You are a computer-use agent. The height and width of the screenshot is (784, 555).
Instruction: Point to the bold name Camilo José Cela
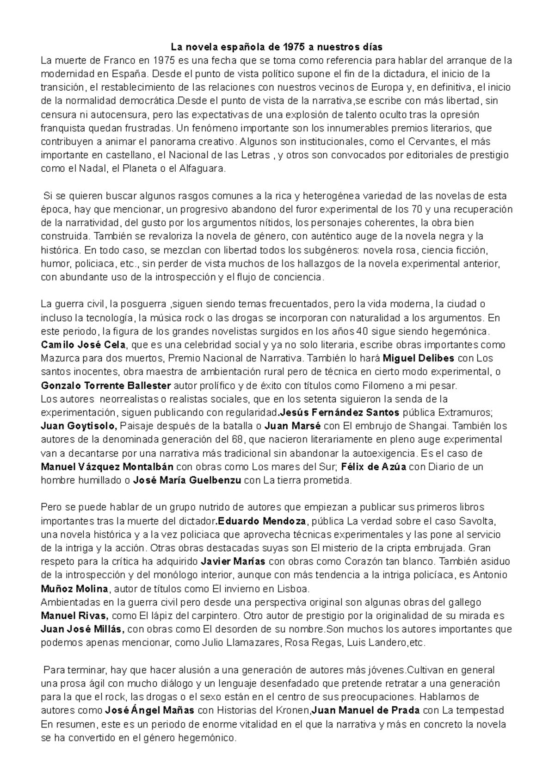coord(83,345)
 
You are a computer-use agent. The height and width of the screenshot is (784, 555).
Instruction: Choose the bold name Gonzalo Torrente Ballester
coord(106,385)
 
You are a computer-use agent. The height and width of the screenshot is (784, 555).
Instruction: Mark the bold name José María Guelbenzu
coord(187,480)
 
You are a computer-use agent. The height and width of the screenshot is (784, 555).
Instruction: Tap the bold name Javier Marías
coord(234,561)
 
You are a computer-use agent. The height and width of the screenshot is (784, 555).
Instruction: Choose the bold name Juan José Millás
coord(82,629)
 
